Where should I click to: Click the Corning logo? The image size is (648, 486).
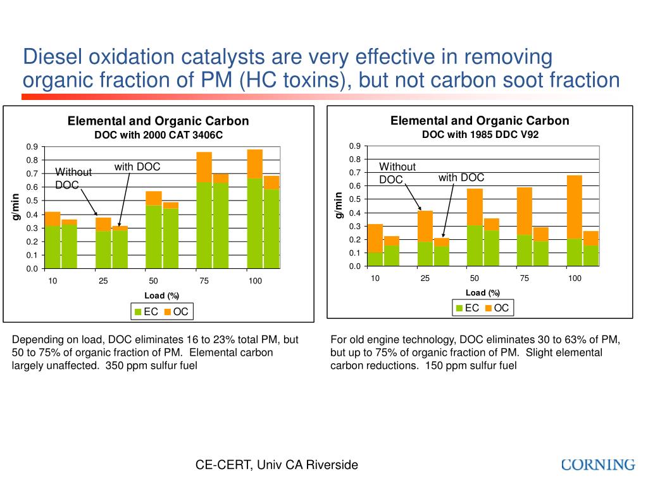[x=598, y=465]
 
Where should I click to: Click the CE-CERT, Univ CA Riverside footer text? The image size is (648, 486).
[x=277, y=465]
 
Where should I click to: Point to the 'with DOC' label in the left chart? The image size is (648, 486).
[x=137, y=167]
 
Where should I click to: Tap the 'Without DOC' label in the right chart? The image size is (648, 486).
[x=397, y=173]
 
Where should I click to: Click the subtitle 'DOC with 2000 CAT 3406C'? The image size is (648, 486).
[x=158, y=135]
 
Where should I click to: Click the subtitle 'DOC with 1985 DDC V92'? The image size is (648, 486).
[x=480, y=135]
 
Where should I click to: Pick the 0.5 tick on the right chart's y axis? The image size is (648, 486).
[x=354, y=199]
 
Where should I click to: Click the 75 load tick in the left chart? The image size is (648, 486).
[x=204, y=281]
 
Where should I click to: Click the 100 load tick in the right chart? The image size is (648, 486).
[x=574, y=278]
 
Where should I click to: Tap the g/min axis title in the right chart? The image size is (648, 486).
[x=339, y=206]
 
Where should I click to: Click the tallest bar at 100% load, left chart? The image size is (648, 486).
[x=254, y=209]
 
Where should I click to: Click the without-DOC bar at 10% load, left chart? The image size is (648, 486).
[x=53, y=240]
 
